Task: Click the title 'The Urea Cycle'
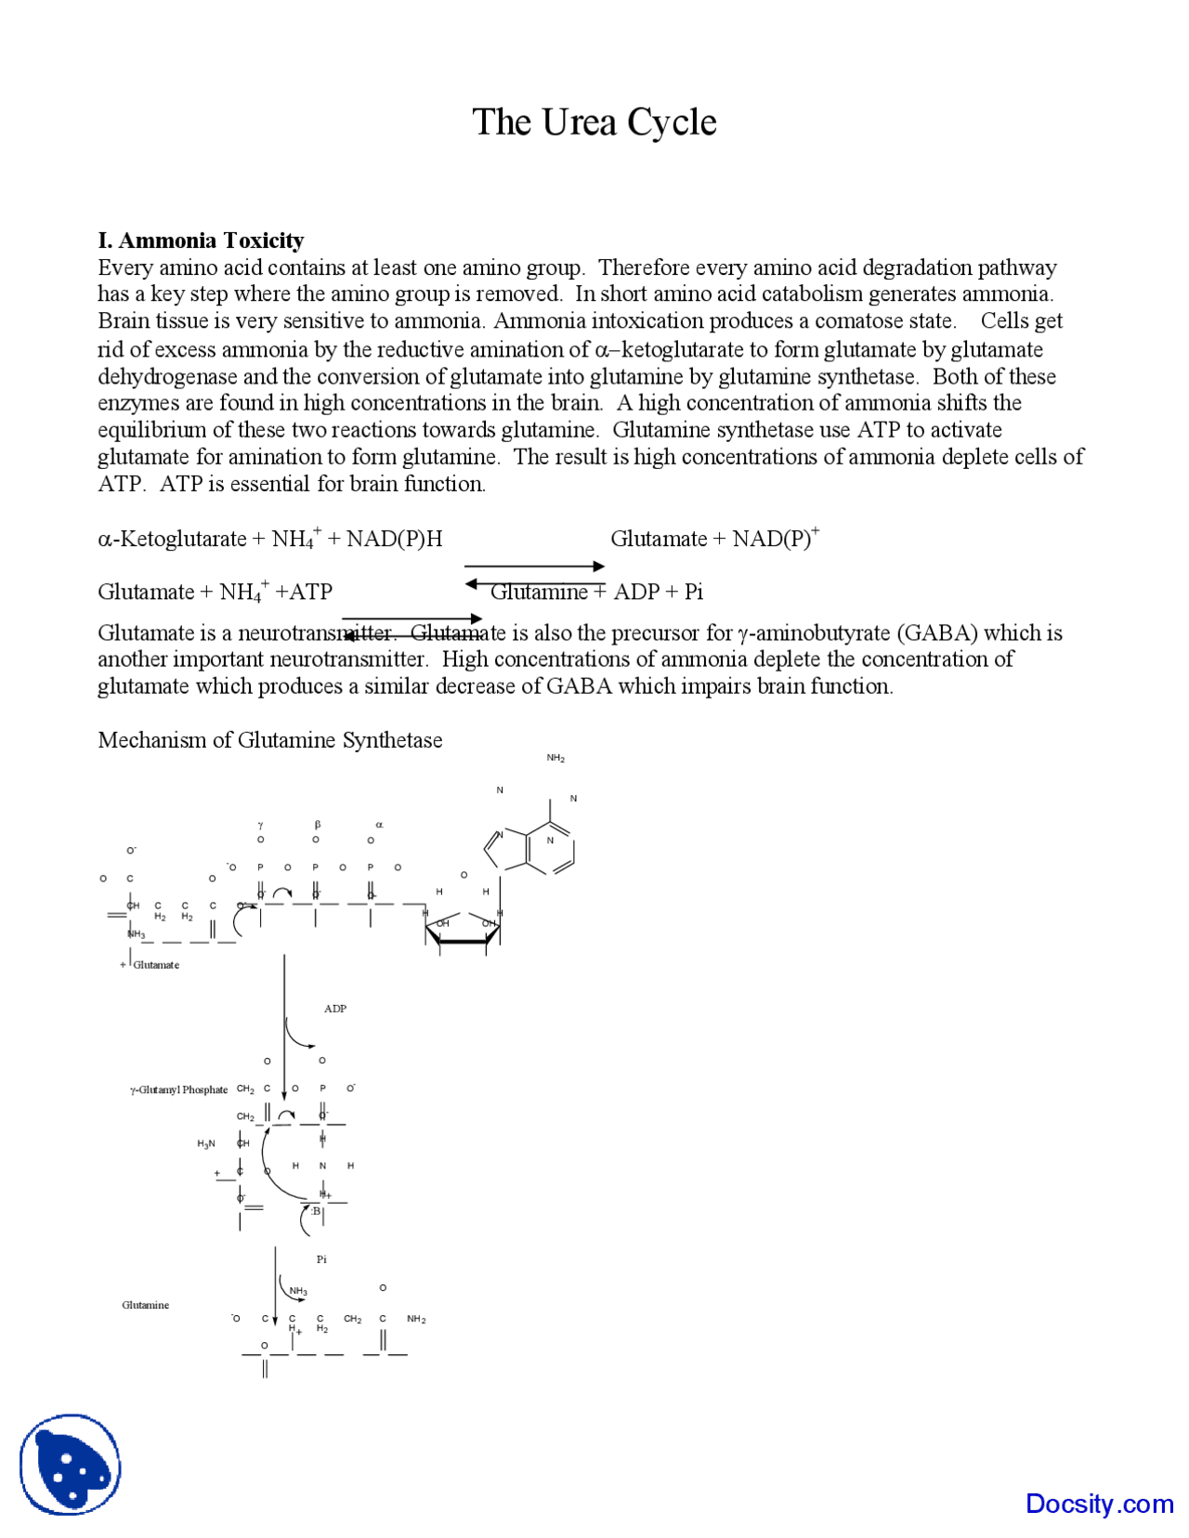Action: [x=594, y=123]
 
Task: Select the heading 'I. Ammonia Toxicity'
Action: [x=201, y=241]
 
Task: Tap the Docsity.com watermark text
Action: [x=1099, y=1503]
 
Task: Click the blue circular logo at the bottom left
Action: [x=71, y=1465]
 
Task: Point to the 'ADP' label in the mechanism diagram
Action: [x=335, y=1009]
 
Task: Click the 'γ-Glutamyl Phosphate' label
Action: [x=178, y=1089]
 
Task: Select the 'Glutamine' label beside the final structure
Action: [x=145, y=1305]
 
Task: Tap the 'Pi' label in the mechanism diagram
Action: [x=321, y=1259]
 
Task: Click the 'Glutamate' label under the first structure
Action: [x=156, y=965]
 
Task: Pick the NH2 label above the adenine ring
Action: [x=555, y=759]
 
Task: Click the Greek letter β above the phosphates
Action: [x=318, y=825]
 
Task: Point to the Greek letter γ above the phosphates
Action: [x=261, y=825]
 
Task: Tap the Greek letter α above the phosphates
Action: [x=379, y=825]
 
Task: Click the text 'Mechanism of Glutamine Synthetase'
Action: [x=269, y=740]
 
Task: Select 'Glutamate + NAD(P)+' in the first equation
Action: [x=714, y=539]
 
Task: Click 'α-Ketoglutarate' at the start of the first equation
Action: [x=172, y=540]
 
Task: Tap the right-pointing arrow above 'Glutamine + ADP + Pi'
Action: [x=534, y=566]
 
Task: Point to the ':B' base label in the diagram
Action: [x=316, y=1211]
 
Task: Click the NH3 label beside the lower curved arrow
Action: [x=298, y=1292]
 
